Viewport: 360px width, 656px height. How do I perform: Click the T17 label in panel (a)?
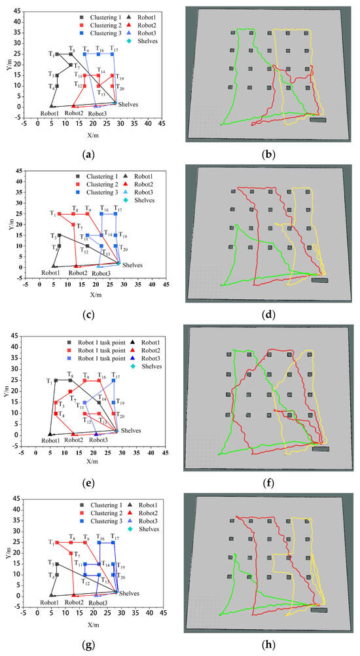[114, 49]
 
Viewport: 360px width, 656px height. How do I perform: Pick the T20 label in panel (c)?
[124, 249]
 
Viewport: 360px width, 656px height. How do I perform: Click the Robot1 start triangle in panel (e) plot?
[50, 433]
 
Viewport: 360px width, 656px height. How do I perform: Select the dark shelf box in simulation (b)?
[317, 120]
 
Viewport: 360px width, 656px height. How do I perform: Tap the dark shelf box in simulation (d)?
[320, 280]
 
